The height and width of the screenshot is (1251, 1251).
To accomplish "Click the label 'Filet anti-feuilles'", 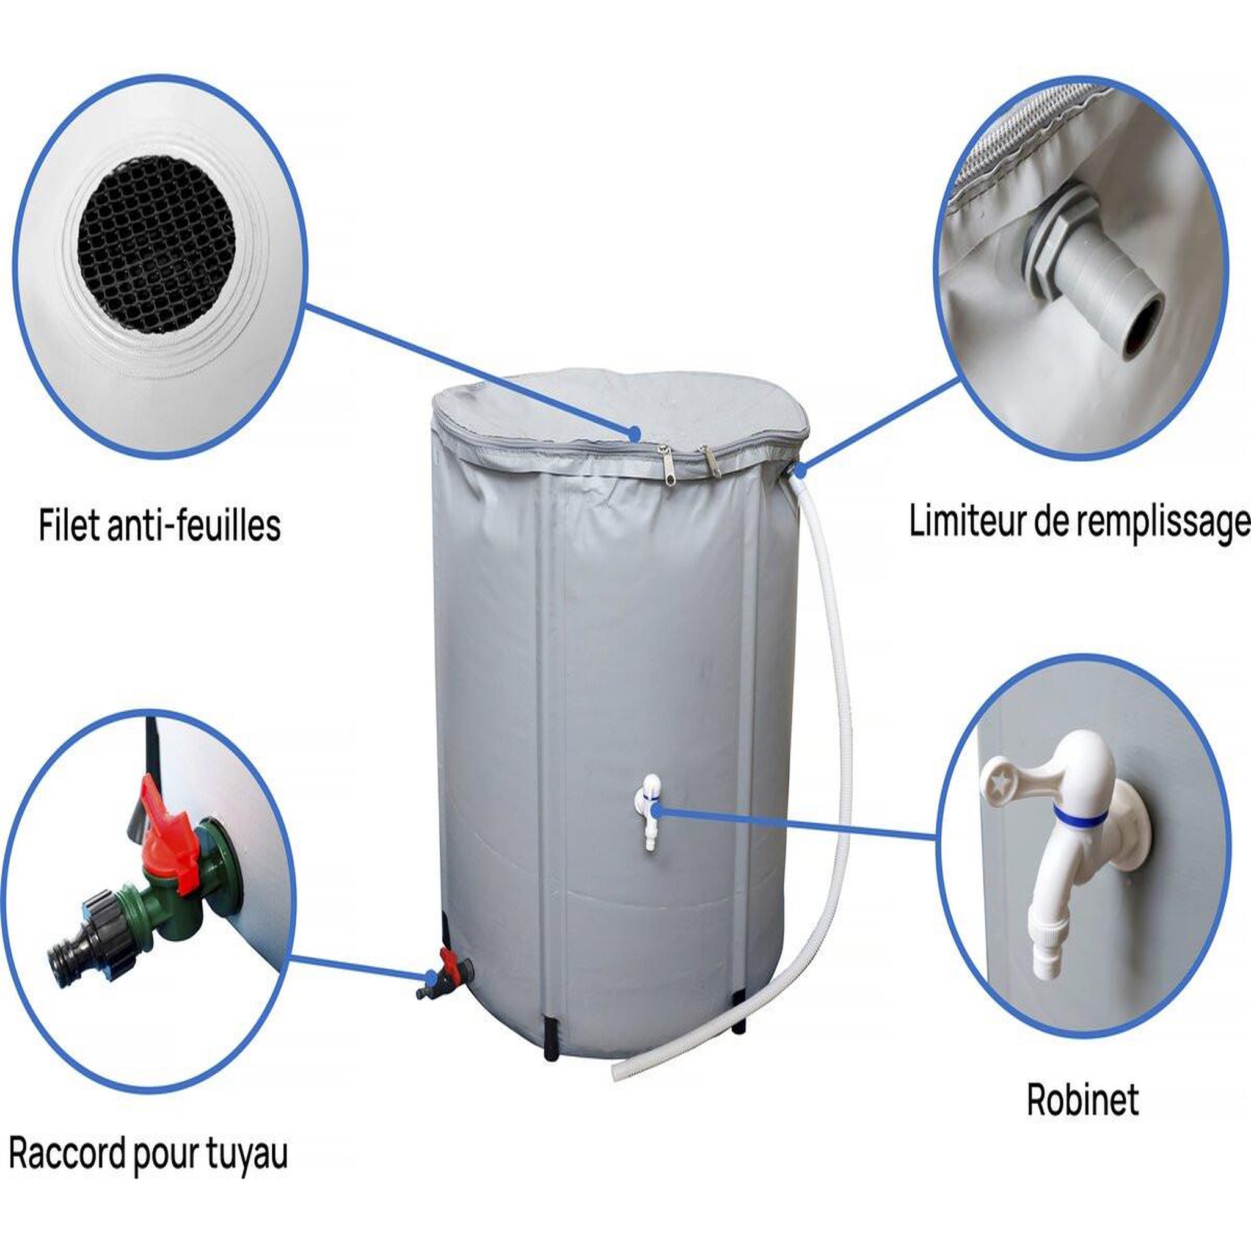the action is tap(159, 525).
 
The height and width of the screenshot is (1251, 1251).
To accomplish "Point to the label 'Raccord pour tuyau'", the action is tap(148, 1137).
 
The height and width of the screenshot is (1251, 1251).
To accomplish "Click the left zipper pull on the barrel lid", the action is tap(662, 459).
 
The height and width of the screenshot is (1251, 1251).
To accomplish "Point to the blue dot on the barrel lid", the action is tap(635, 432).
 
